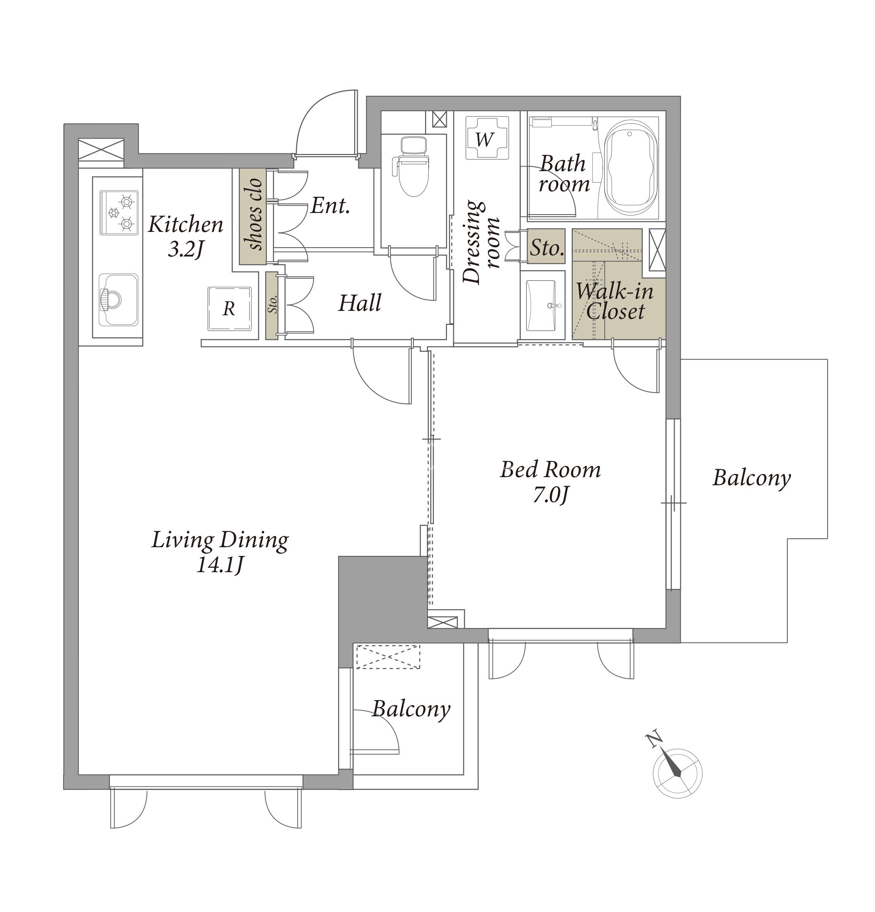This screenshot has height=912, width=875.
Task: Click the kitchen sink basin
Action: pos(119,300)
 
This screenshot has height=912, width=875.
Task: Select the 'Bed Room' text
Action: pos(550,470)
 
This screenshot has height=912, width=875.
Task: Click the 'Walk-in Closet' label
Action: pos(615,302)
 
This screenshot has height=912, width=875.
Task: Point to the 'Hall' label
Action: pos(359,303)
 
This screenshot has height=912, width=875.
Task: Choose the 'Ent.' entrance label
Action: pos(330,205)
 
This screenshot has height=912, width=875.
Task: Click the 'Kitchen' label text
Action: pos(186,225)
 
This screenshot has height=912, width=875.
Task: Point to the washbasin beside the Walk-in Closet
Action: pos(540,306)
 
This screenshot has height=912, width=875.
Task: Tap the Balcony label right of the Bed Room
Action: pos(751,479)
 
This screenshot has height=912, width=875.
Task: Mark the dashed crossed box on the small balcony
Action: pos(388,657)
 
